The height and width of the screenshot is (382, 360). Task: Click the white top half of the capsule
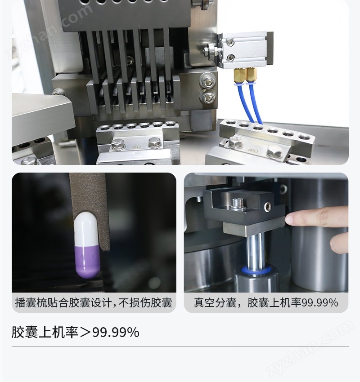pyautogui.click(x=86, y=229)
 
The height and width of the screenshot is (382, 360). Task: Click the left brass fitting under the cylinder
pyautogui.click(x=239, y=76)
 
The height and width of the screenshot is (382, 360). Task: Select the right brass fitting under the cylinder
pyautogui.click(x=251, y=75)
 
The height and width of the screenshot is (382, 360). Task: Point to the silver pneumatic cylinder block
pyautogui.click(x=246, y=50)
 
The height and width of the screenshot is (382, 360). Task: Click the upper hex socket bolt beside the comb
pyautogui.click(x=207, y=80)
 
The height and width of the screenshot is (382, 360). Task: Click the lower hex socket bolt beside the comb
pyautogui.click(x=207, y=96)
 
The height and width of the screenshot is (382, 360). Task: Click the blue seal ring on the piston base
pyautogui.click(x=256, y=270)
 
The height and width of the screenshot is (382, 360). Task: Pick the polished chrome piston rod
pyautogui.click(x=255, y=250)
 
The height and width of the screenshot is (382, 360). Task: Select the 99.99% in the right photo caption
pyautogui.click(x=320, y=303)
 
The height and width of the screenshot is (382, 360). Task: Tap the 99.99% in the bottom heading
pyautogui.click(x=116, y=332)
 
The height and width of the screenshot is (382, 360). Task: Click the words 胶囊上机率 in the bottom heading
pyautogui.click(x=45, y=332)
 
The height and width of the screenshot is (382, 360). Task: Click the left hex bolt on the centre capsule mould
pyautogui.click(x=118, y=144)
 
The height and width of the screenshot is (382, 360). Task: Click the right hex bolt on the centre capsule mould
pyautogui.click(x=155, y=143)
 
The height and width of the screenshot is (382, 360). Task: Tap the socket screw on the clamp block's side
pyautogui.click(x=268, y=206)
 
